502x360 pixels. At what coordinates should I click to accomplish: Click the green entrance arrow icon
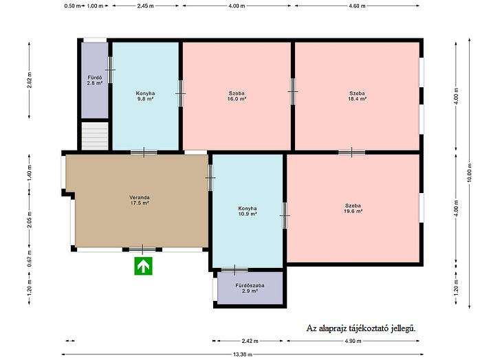[143, 266]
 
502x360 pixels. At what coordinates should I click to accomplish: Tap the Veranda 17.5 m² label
[140, 200]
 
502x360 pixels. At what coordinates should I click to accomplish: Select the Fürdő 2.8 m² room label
[95, 80]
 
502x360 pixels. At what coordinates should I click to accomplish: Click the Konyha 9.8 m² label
[145, 96]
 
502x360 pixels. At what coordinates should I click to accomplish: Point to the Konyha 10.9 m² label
[248, 212]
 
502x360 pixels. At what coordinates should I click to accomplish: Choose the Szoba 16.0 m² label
[237, 96]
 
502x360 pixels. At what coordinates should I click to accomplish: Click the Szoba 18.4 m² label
[358, 96]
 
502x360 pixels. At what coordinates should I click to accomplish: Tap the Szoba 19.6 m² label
[353, 208]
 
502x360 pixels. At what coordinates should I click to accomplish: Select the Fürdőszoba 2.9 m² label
[250, 289]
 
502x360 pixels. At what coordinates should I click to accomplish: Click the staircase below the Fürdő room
[95, 135]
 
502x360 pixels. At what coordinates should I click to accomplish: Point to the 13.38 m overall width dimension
[242, 355]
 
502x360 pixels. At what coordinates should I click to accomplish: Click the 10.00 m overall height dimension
[470, 172]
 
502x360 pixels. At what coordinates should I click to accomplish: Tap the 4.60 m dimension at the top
[357, 5]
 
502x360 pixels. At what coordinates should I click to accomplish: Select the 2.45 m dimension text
[145, 5]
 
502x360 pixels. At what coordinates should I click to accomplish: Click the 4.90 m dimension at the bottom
[353, 341]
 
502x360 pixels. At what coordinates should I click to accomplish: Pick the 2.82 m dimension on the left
[29, 80]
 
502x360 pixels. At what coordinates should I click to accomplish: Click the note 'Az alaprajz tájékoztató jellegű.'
[361, 328]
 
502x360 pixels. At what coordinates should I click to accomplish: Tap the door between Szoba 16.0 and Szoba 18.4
[293, 92]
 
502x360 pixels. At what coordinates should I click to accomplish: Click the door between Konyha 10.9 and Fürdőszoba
[234, 270]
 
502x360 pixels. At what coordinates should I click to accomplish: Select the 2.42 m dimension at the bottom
[250, 341]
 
